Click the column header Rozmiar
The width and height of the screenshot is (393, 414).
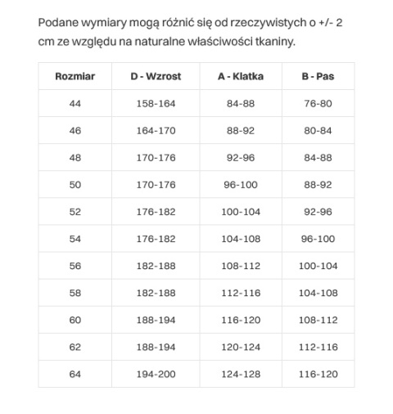pyautogui.click(x=75, y=77)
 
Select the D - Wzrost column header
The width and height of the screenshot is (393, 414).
pyautogui.click(x=156, y=77)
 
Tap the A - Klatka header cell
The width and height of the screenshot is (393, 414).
pyautogui.click(x=241, y=77)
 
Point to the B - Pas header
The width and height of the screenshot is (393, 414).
pyautogui.click(x=318, y=77)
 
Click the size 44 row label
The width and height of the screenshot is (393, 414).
pyautogui.click(x=75, y=104)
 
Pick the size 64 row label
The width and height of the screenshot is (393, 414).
pyautogui.click(x=75, y=374)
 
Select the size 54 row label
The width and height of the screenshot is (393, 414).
pyautogui.click(x=75, y=239)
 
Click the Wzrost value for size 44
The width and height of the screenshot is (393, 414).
pyautogui.click(x=156, y=104)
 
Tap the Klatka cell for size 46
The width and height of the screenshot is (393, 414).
pyautogui.click(x=241, y=131)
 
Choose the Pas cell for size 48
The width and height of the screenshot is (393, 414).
pyautogui.click(x=318, y=158)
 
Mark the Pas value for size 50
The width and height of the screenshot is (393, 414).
pyautogui.click(x=318, y=185)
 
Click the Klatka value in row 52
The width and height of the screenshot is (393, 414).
pyautogui.click(x=241, y=212)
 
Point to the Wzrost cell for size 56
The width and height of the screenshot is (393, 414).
pyautogui.click(x=156, y=266)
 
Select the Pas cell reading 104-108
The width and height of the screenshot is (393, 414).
pyautogui.click(x=318, y=293)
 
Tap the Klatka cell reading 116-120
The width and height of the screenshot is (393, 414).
pyautogui.click(x=241, y=320)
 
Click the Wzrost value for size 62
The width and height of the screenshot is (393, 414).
pyautogui.click(x=156, y=347)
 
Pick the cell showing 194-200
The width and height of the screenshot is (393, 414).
pyautogui.click(x=156, y=374)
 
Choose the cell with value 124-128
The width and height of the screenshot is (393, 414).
pyautogui.click(x=241, y=374)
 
